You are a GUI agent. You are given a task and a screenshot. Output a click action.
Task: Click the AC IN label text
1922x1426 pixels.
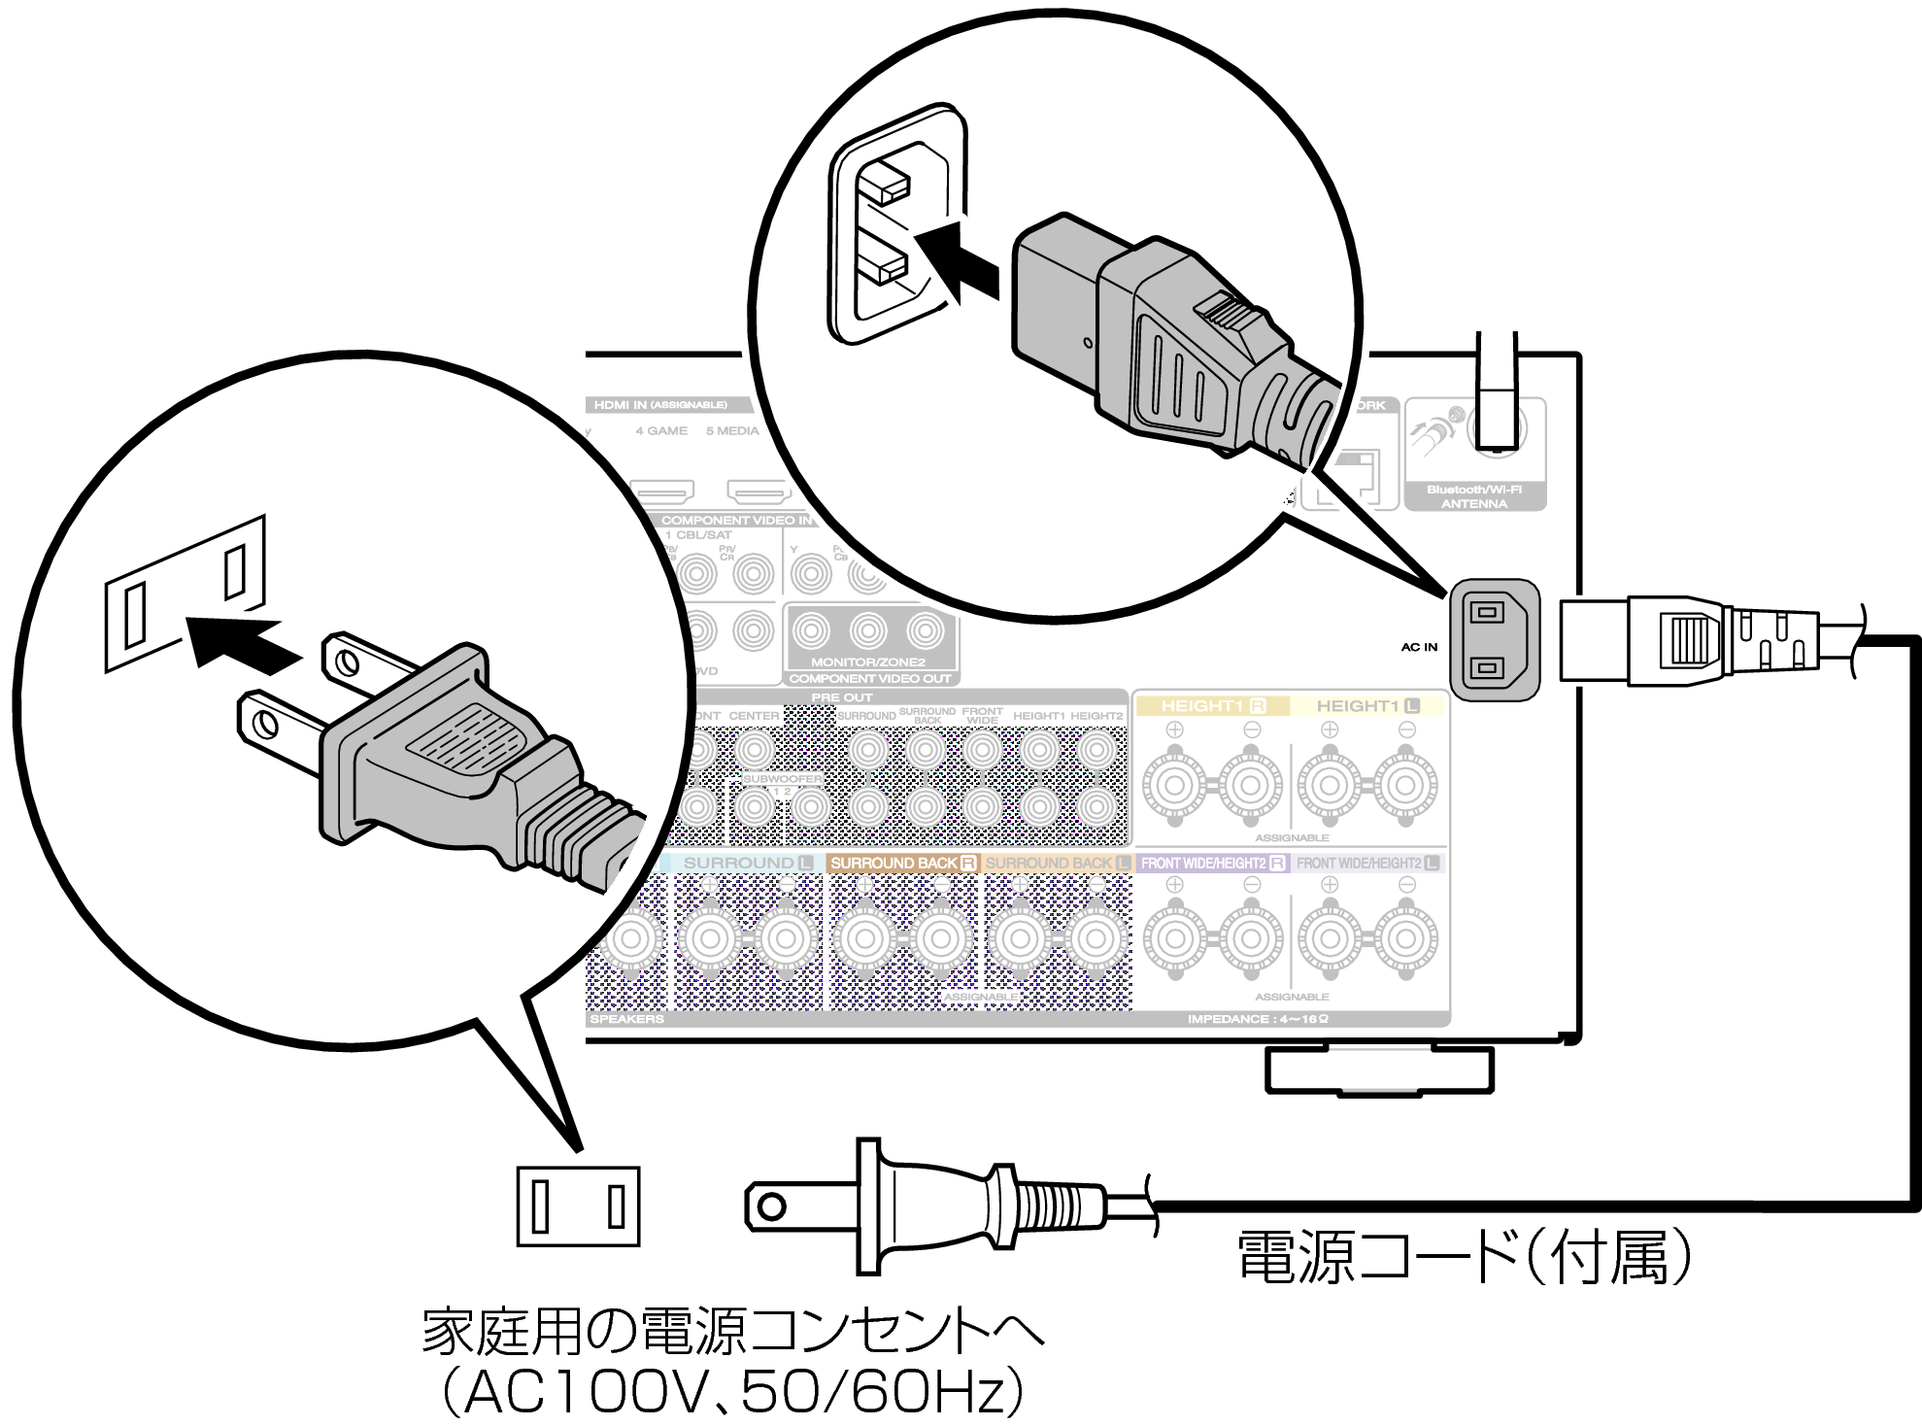(1419, 647)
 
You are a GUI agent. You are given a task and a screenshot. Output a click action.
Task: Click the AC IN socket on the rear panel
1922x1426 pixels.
(1493, 639)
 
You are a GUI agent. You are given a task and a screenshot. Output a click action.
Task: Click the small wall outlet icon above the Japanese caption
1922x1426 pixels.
(578, 1206)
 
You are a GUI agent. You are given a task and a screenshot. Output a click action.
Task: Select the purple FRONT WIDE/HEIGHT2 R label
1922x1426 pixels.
(1212, 863)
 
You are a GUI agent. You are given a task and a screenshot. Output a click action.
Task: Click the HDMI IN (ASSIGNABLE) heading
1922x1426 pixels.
(660, 405)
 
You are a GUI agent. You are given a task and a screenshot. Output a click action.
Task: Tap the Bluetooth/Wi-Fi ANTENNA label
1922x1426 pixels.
(1473, 496)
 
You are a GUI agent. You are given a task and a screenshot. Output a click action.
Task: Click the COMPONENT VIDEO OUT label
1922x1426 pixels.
(869, 679)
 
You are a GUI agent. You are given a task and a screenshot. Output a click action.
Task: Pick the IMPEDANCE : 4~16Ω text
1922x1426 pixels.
(1257, 1019)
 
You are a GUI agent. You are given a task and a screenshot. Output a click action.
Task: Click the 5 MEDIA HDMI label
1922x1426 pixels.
(732, 430)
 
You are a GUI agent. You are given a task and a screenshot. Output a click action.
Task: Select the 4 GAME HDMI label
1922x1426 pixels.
(661, 430)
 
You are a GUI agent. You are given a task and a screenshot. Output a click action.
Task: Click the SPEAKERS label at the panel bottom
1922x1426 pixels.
(626, 1019)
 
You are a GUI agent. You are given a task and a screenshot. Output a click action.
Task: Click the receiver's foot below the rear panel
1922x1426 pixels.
(1379, 1070)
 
